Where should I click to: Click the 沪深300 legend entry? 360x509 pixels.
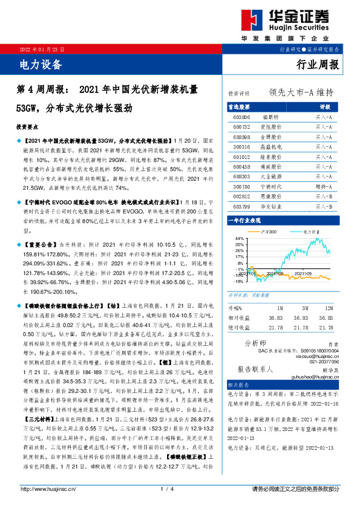point(269,232)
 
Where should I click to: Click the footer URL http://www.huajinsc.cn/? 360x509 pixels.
point(50,488)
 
